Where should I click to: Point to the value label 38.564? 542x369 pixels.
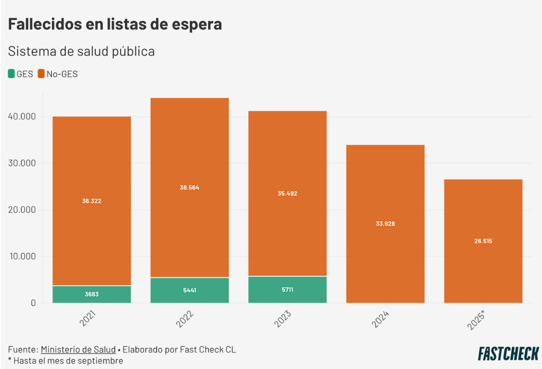point(189,187)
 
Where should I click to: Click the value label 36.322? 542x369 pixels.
point(92,201)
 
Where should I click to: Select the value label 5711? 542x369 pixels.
point(287,290)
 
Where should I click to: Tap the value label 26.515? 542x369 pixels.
point(483,241)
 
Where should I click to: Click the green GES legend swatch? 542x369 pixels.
point(12,74)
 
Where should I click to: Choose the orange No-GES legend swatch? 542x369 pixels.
point(41,74)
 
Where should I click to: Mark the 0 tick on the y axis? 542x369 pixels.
point(32,303)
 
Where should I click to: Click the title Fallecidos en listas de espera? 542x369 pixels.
point(115,24)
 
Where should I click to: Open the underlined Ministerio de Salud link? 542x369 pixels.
point(78,349)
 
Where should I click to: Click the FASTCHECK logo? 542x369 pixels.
point(508,353)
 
